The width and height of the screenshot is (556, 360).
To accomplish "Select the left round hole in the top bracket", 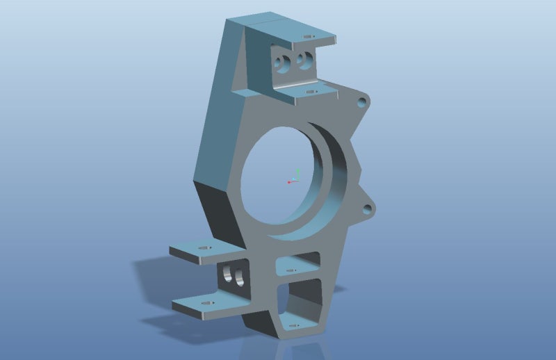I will tap(282, 63).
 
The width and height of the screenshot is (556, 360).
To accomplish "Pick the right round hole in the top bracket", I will tap(303, 61).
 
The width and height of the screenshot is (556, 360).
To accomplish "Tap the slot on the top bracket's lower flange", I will tap(311, 91).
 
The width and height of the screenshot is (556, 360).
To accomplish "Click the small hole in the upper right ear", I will tap(361, 102).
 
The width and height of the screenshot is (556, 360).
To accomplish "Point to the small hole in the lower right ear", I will tap(366, 208).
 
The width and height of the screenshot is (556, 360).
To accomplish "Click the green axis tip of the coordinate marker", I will tap(297, 170).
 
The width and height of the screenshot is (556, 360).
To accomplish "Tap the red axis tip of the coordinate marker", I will tap(288, 182).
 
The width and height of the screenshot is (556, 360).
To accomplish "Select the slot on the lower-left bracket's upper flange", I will tap(204, 249).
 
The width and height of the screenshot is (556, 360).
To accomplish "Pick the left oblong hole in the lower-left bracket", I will tap(227, 276).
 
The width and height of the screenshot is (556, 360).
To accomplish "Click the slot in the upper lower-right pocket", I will tap(293, 270).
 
